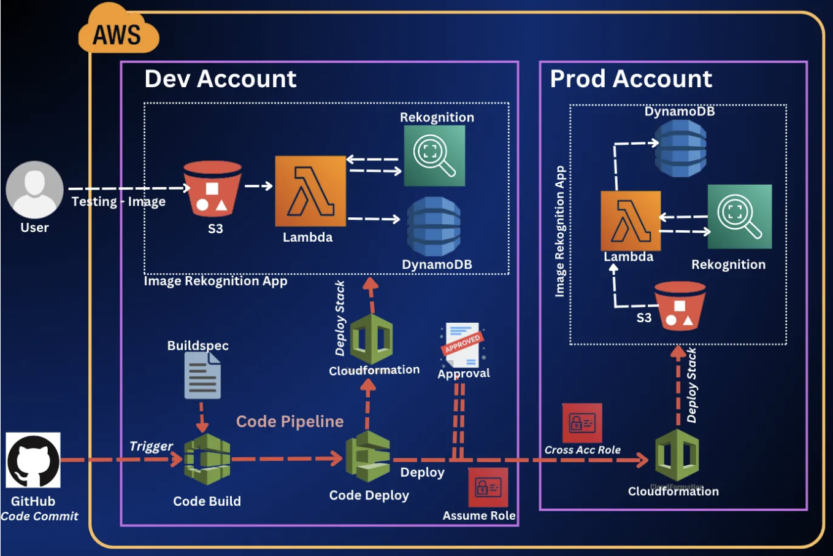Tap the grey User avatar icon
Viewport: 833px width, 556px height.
[x=34, y=190]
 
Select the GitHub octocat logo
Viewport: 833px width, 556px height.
[x=33, y=460]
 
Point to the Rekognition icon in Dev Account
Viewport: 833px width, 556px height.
[x=434, y=156]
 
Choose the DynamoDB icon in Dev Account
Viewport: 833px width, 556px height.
[x=434, y=226]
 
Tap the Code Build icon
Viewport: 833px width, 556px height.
[x=207, y=460]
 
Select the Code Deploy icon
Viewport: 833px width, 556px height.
[x=367, y=457]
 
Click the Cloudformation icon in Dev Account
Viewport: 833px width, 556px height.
[x=371, y=338]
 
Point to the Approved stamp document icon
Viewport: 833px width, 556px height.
[x=463, y=345]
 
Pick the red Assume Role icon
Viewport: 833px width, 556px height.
[x=488, y=488]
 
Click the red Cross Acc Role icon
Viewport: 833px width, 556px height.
[x=582, y=423]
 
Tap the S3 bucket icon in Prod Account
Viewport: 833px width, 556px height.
[x=680, y=306]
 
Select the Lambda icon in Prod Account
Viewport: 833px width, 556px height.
[x=631, y=220]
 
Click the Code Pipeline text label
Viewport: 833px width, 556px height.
[x=290, y=422]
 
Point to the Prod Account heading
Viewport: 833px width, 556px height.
[x=631, y=79]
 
